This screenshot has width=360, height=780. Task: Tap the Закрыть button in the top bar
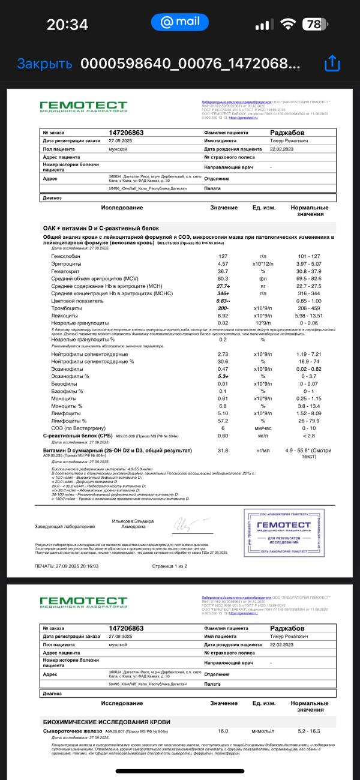coord(44,64)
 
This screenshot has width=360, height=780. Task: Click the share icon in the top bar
coord(332,64)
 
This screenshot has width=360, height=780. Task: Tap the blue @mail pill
coord(180,22)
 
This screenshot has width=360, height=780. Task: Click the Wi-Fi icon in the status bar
coord(289,25)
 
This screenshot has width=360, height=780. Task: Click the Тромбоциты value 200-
coord(224,308)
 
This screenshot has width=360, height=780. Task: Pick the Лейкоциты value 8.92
coord(223,315)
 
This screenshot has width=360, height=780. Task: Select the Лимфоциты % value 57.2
coord(223,421)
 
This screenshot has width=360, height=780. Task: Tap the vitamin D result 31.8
coord(223,450)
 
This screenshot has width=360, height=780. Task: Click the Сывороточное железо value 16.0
coord(223,731)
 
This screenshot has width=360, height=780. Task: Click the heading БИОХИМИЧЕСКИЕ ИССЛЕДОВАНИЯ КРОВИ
coord(106,722)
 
